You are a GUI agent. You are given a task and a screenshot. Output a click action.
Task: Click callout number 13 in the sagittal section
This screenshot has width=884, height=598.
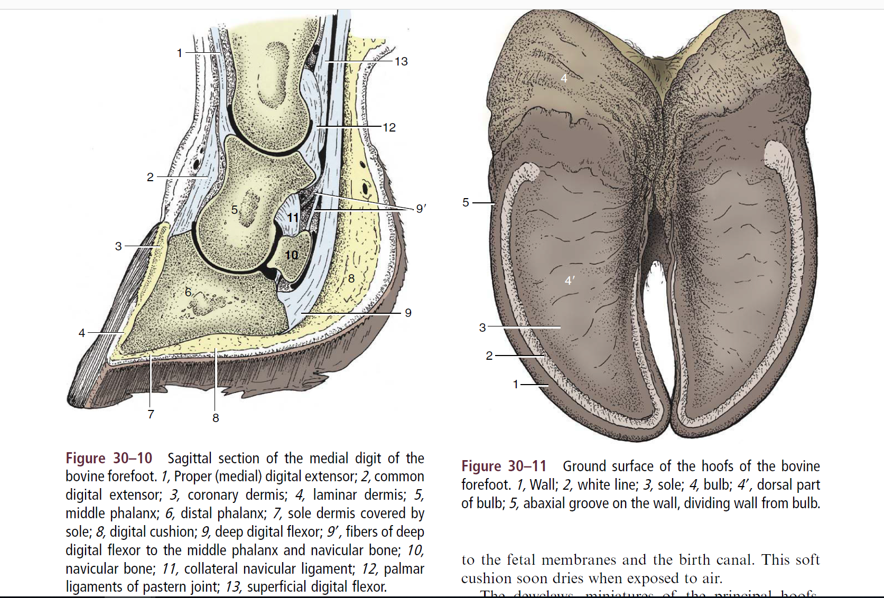click(401, 62)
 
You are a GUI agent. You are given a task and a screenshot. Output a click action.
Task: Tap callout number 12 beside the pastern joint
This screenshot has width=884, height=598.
click(389, 128)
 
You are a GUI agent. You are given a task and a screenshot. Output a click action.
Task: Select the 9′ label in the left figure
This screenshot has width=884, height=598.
click(421, 209)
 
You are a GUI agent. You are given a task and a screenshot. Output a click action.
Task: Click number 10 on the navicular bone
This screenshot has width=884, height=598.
click(292, 255)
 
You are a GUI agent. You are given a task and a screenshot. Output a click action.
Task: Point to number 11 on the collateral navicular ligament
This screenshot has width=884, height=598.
click(293, 218)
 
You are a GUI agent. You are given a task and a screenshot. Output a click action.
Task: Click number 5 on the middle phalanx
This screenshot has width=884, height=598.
click(235, 210)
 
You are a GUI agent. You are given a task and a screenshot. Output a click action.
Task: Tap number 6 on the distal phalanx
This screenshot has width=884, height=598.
click(188, 292)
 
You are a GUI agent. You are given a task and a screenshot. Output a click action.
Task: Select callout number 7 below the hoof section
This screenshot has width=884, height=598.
click(151, 414)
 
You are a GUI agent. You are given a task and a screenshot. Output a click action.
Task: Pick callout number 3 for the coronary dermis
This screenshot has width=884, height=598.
click(118, 246)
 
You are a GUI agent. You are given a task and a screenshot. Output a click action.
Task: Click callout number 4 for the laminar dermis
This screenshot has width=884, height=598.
click(81, 333)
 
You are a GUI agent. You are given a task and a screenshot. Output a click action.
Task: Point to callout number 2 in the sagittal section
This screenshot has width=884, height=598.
click(150, 177)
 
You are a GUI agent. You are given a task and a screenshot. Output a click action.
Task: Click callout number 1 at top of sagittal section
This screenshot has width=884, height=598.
click(180, 53)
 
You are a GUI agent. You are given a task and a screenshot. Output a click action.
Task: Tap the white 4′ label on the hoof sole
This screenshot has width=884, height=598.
click(569, 281)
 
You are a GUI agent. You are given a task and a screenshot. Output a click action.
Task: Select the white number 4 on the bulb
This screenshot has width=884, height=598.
click(564, 79)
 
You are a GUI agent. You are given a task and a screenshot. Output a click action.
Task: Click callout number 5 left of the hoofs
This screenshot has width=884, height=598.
click(466, 202)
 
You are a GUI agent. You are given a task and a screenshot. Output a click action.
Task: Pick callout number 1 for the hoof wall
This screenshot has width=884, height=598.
click(516, 385)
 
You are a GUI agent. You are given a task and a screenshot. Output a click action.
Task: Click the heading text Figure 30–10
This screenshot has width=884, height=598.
click(109, 458)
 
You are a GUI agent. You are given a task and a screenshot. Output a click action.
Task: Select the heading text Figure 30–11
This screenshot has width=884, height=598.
click(504, 466)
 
